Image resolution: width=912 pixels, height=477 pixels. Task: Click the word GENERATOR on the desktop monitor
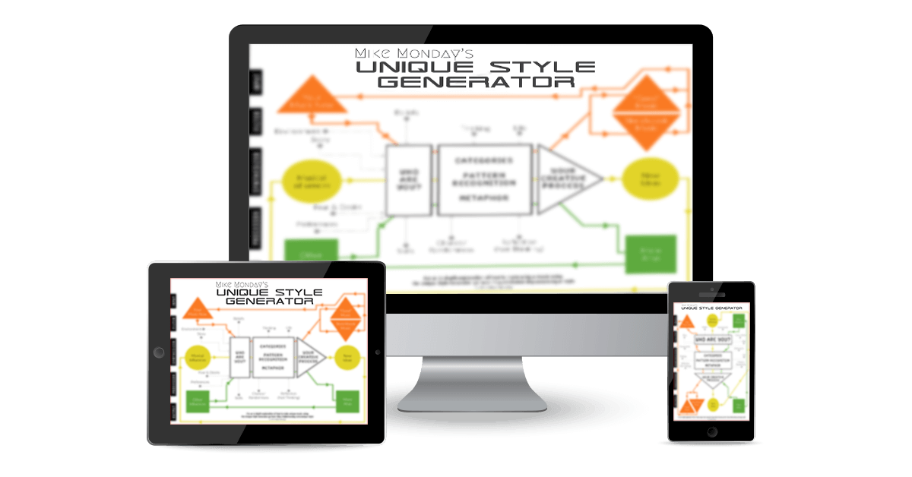(476, 81)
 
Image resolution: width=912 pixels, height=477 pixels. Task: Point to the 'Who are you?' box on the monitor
(409, 179)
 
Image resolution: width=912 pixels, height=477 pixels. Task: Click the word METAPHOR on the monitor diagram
(483, 197)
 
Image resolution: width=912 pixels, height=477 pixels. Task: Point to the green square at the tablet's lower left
(195, 402)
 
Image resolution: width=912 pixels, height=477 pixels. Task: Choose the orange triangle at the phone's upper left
(686, 323)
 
